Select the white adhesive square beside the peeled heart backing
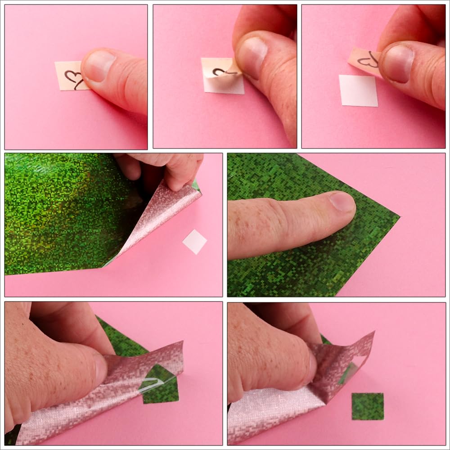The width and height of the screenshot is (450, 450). (x=358, y=90)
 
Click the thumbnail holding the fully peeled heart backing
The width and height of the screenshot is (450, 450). (x=398, y=63)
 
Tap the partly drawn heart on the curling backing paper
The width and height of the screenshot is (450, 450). (x=220, y=72)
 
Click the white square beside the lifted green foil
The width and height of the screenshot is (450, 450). (x=194, y=241)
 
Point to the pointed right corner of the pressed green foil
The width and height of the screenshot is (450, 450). (x=399, y=218)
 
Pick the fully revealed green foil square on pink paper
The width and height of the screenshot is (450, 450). (x=367, y=406)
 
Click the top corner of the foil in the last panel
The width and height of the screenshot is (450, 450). (x=373, y=333)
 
